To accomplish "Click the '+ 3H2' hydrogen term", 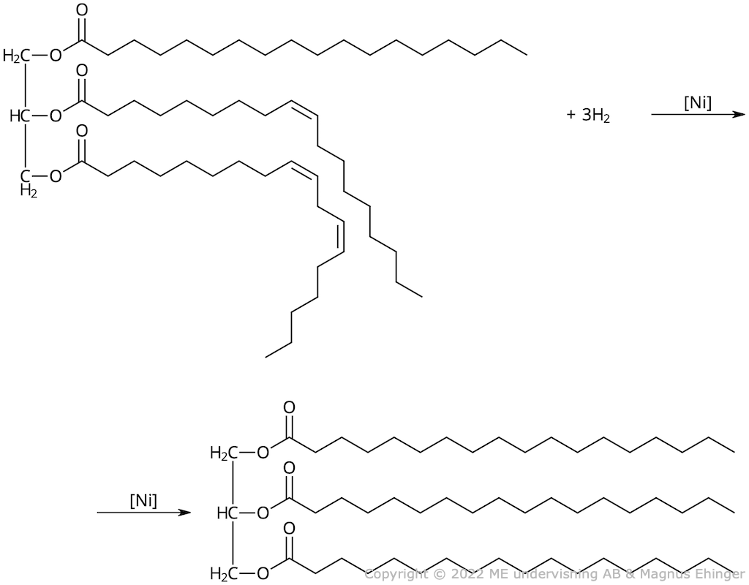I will click(x=588, y=116).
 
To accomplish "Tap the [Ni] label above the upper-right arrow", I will click(x=697, y=103).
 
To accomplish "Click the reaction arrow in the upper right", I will click(x=697, y=115).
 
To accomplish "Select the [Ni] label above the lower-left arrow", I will click(x=143, y=502).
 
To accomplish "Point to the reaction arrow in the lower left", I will click(x=143, y=513).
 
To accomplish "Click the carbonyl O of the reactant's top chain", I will click(x=81, y=12).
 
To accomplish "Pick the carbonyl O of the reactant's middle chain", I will click(x=81, y=72).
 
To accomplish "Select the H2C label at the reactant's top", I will click(x=15, y=56).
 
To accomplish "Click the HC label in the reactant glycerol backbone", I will click(x=19, y=116).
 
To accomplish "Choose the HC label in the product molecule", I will click(x=227, y=513).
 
